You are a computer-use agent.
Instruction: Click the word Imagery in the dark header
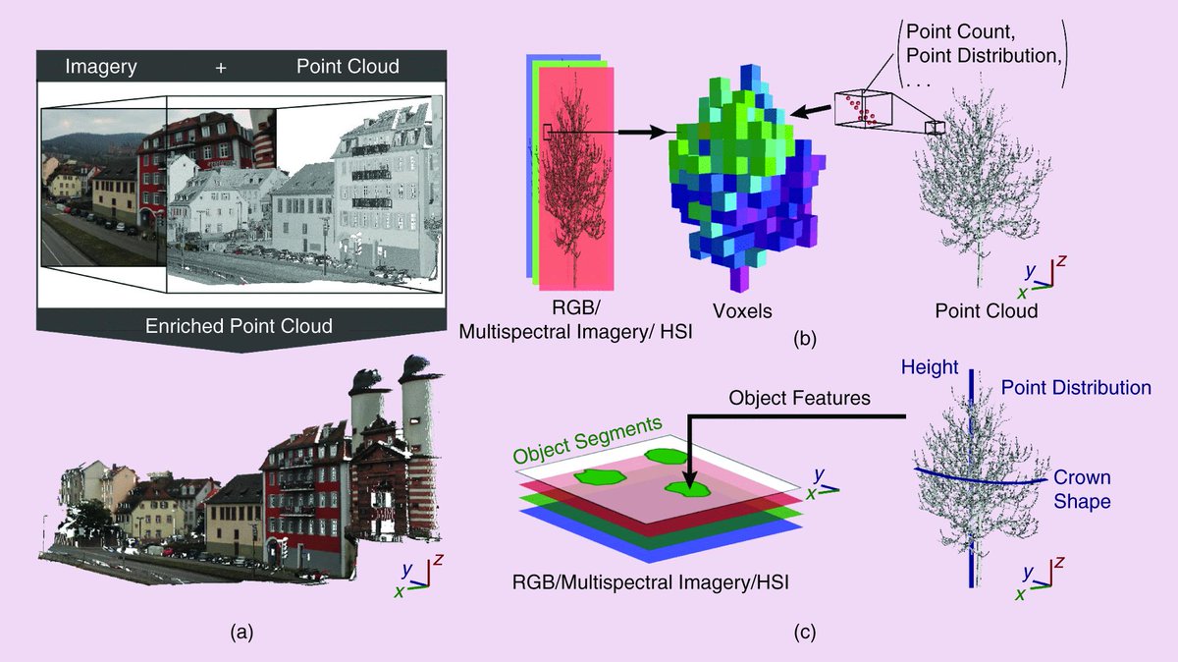(100, 67)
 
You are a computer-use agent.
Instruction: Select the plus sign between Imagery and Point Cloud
(219, 67)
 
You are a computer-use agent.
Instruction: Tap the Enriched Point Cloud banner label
(240, 325)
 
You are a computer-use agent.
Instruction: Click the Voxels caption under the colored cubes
(743, 311)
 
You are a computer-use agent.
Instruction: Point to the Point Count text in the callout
(956, 29)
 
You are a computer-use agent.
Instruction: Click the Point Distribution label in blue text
(1075, 388)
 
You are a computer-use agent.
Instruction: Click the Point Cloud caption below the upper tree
(986, 311)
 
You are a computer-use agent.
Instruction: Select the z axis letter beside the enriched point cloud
(439, 560)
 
